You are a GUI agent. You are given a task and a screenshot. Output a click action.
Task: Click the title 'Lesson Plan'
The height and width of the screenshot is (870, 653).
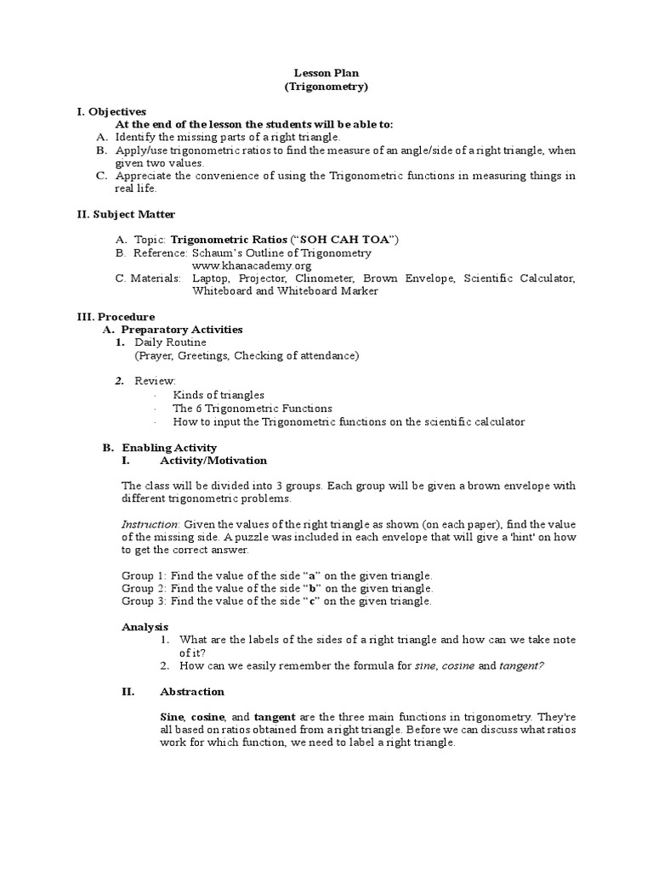326,73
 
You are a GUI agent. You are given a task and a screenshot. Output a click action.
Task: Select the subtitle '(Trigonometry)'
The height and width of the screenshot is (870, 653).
326,87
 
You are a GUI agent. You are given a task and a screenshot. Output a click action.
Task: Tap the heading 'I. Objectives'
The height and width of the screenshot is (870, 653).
111,111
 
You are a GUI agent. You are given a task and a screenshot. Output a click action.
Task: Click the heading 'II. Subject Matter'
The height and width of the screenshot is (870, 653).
126,214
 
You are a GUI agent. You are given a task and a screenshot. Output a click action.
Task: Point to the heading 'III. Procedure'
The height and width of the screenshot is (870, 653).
116,316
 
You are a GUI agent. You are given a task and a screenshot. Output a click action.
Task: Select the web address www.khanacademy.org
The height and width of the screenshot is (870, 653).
246,266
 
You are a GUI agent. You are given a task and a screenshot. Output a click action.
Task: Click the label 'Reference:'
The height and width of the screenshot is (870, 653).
158,253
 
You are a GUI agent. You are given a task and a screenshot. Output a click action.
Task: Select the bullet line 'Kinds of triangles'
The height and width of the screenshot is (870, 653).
219,395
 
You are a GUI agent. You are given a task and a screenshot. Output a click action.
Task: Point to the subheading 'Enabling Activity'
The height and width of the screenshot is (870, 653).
169,448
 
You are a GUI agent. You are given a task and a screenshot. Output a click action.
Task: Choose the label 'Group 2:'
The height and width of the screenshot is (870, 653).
144,588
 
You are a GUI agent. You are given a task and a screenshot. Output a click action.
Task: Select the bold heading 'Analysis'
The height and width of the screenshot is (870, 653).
145,627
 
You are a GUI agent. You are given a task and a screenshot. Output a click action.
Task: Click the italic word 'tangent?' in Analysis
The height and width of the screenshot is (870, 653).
521,666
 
